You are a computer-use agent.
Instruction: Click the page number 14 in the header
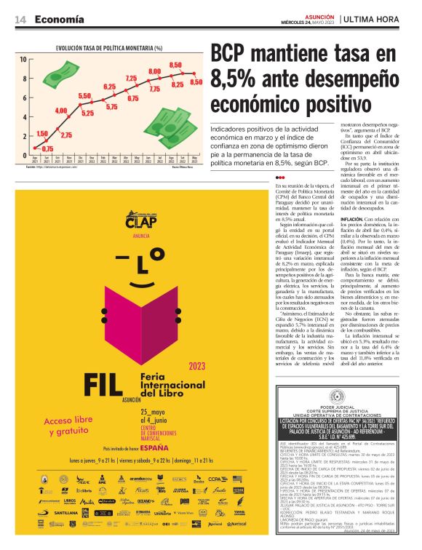20,20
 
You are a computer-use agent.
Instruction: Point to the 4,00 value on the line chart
61,110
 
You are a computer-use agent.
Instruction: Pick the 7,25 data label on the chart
131,78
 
